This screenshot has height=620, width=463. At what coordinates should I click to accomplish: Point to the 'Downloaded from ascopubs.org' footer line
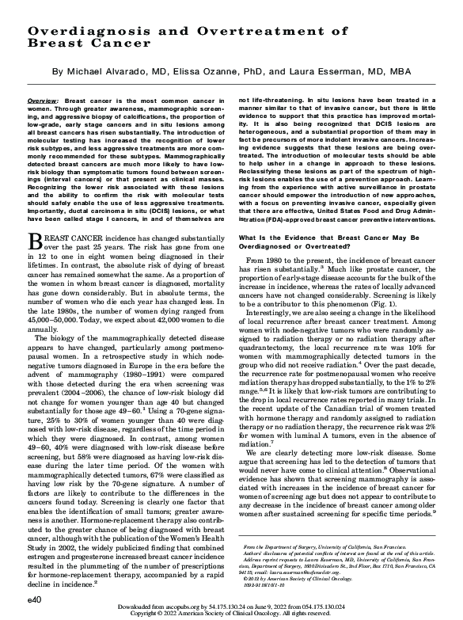point(231,607)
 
